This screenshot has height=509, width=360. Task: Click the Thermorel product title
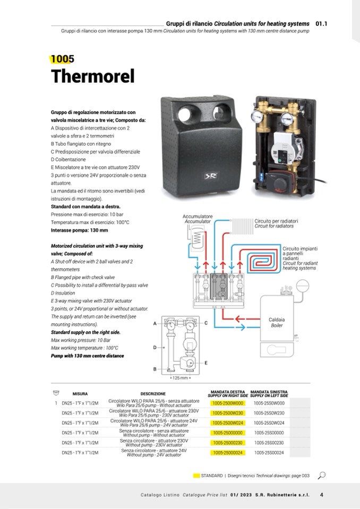92,76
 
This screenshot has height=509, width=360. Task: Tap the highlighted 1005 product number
63,59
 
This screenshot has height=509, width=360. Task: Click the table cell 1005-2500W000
227,403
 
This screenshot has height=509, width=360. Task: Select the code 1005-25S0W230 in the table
269,412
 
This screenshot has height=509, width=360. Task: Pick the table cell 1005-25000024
227,452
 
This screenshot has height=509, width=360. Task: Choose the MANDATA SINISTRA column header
269,394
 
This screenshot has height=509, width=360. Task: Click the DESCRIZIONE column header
153,394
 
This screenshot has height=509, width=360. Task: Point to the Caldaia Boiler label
277,323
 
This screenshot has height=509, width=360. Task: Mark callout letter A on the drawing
155,323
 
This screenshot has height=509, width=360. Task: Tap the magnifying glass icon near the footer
321,475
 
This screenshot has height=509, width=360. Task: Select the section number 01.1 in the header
321,24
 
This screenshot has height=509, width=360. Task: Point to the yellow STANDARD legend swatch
196,475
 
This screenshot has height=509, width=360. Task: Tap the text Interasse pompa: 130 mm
79,230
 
